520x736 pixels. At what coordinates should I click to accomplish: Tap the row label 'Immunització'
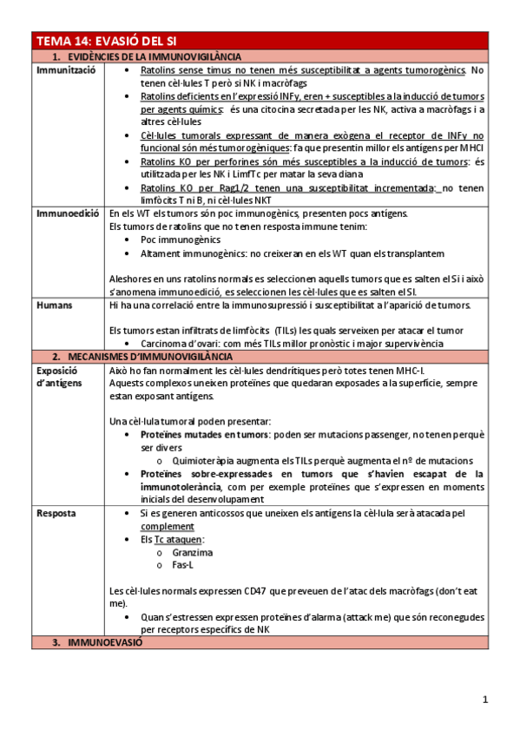click(65, 69)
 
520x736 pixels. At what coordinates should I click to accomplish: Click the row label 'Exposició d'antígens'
click(63, 377)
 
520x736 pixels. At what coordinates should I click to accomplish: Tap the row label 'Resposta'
click(57, 513)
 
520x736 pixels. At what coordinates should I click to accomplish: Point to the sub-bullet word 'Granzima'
click(193, 552)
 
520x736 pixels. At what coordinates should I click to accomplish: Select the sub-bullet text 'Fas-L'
click(184, 565)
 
